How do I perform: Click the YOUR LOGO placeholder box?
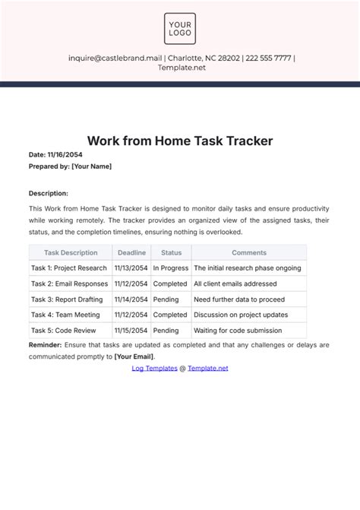[x=180, y=28]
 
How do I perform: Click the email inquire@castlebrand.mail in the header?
[x=115, y=58]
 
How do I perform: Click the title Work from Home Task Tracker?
[x=180, y=141]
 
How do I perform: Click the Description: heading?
[x=49, y=193]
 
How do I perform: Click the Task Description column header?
[x=71, y=252]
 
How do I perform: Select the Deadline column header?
[x=131, y=252]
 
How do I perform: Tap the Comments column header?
[x=249, y=252]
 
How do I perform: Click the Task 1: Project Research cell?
[x=69, y=268]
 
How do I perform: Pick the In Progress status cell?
[x=170, y=268]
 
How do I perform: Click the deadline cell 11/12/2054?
[x=131, y=284]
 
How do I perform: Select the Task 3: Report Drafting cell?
[x=68, y=299]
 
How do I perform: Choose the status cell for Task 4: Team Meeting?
[x=170, y=315]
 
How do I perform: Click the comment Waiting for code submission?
[x=238, y=331]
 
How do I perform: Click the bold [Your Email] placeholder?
[x=134, y=356]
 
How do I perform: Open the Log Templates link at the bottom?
[x=154, y=368]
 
